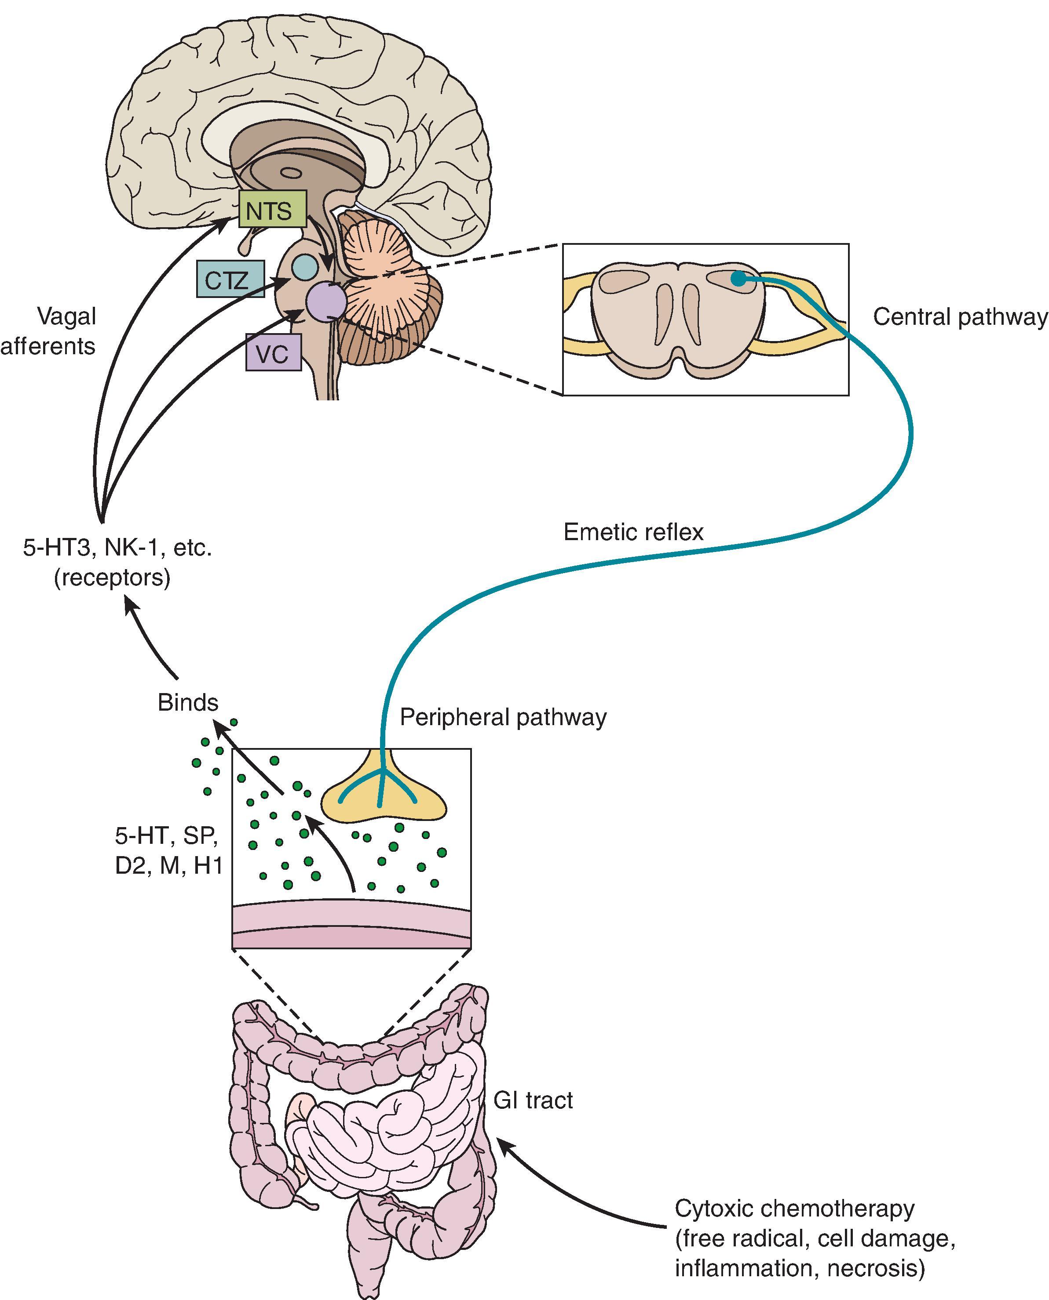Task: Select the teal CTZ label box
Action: tap(230, 280)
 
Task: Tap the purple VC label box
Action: tap(273, 352)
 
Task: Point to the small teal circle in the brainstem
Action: tap(304, 266)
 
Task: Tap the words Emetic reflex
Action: tap(633, 532)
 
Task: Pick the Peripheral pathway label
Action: tap(503, 717)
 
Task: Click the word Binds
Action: tap(188, 702)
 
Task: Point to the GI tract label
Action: tap(533, 1100)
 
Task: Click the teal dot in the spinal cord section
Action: tap(738, 278)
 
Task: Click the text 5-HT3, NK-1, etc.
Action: tap(117, 548)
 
